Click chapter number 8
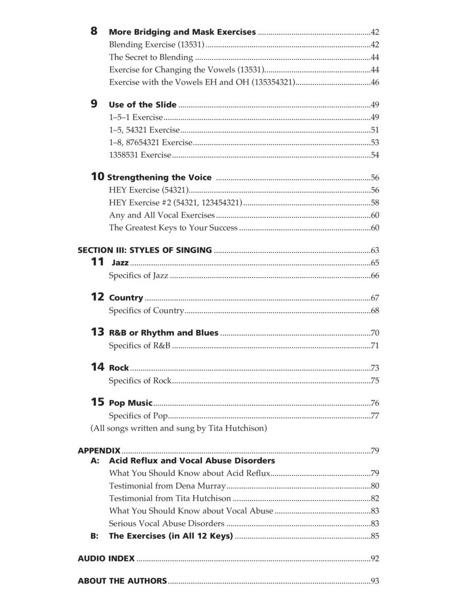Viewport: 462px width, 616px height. pos(94,31)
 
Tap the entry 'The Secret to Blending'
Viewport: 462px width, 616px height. pos(151,57)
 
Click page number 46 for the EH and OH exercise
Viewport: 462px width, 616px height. pos(375,82)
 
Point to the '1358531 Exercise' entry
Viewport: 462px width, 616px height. pos(140,155)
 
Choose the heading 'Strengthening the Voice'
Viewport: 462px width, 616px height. pos(159,178)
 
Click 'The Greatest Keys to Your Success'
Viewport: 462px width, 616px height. pos(173,228)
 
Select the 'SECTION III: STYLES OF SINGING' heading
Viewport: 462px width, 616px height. pos(144,250)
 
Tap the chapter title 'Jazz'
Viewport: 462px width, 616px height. pos(120,263)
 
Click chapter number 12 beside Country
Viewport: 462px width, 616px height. pos(97,297)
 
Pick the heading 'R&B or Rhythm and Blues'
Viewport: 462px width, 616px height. pos(164,333)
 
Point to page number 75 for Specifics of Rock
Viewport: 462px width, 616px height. pos(375,381)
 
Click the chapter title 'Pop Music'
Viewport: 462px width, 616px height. pos(130,403)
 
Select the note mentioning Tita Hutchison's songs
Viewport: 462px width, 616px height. pos(179,428)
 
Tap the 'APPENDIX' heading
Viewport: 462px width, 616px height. pos(99,451)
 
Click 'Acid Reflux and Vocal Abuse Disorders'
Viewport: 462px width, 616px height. pos(192,460)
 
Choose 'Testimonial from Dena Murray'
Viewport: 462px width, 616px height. pos(167,486)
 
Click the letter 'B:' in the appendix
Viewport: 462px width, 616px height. pos(95,536)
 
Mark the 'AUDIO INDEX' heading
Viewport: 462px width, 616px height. pos(106,559)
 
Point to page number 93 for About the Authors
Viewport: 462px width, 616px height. pos(375,581)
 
